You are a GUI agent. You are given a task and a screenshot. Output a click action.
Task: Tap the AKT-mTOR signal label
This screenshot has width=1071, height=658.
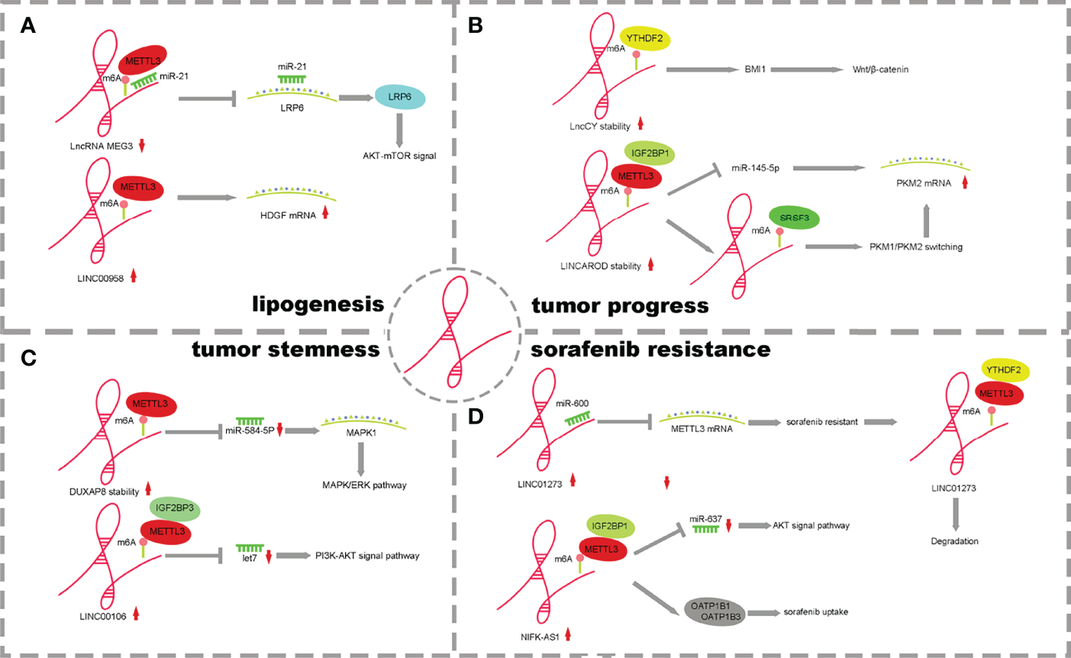(x=399, y=156)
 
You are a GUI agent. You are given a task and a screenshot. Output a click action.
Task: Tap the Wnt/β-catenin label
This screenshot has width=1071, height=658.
(x=880, y=69)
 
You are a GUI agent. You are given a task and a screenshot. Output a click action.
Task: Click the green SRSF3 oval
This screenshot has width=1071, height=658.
(x=794, y=218)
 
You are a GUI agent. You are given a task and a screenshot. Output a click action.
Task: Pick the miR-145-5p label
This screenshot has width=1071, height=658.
(x=755, y=168)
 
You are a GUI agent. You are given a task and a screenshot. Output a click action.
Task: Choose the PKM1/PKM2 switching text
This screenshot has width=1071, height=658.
(x=915, y=247)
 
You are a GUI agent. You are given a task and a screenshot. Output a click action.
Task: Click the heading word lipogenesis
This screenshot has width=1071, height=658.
(x=318, y=305)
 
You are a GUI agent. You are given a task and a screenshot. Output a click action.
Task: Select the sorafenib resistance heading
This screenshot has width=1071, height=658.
(x=650, y=349)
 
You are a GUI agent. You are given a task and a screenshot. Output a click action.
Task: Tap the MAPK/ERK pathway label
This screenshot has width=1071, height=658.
(x=364, y=485)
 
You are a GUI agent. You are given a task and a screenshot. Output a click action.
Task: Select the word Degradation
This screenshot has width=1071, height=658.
(x=954, y=541)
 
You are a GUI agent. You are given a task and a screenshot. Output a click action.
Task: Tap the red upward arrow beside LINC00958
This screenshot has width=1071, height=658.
(x=134, y=276)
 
